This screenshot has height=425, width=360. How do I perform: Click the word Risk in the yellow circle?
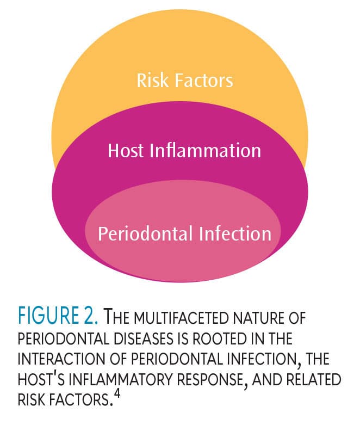pos(152,80)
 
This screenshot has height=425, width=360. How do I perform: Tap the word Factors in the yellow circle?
pos(204,80)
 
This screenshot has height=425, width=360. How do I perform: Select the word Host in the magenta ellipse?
pos(126,150)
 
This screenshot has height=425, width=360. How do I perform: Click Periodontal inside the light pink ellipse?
pos(145,233)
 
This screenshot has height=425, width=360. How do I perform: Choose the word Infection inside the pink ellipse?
pos(235,233)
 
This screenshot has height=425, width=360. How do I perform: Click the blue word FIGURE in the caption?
pos(48,315)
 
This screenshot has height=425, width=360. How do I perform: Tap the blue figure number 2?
pos(91,315)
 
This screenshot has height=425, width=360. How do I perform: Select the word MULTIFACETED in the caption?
pos(181,318)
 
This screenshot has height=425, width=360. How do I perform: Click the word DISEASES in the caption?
pos(144,338)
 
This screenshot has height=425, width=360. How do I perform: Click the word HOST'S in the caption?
pos(41,379)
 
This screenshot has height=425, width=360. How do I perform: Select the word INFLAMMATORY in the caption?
pos(121,379)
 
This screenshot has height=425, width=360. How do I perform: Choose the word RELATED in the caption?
pos(314,379)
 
